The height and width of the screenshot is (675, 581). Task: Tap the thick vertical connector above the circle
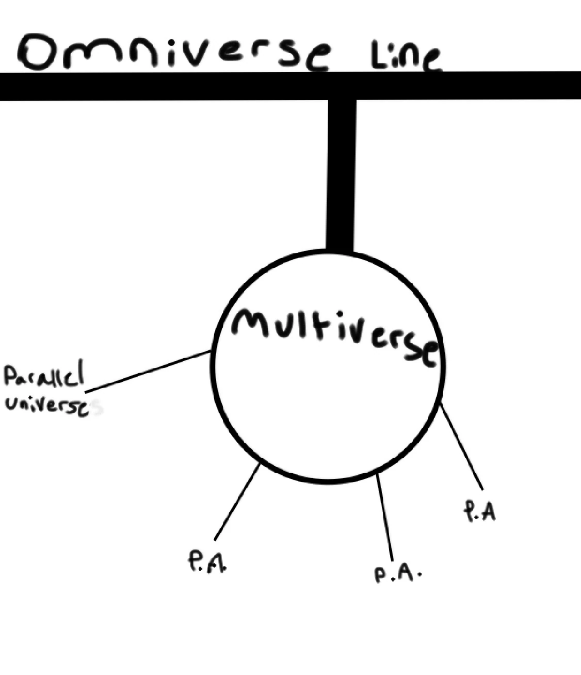pyautogui.click(x=341, y=175)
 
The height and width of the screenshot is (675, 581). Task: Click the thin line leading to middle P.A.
pyautogui.click(x=385, y=516)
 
